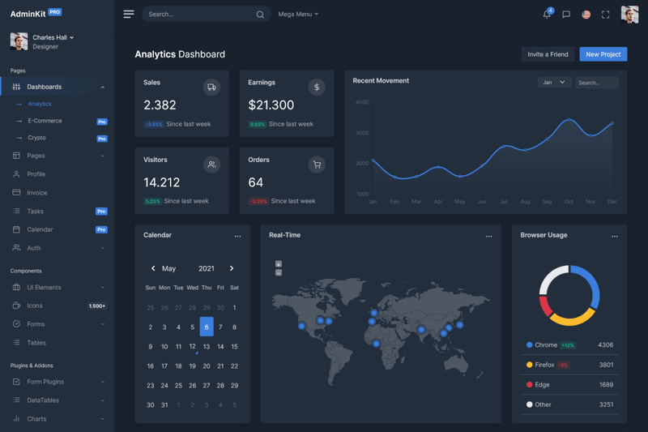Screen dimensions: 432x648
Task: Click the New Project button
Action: tap(603, 54)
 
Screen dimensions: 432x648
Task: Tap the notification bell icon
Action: tap(547, 15)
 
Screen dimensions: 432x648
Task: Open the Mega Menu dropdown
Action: tap(298, 15)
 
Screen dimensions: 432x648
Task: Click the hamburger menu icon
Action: tap(129, 15)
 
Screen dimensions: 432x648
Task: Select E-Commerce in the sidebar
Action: tap(45, 121)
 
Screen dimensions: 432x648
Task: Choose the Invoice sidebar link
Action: tap(37, 193)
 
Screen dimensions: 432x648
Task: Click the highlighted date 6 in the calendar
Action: tap(207, 327)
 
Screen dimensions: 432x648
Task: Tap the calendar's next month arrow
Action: tap(232, 268)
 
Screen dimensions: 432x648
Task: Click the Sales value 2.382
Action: tap(160, 105)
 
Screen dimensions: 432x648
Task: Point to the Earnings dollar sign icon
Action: tap(317, 88)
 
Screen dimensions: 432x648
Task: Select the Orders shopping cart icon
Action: tap(317, 165)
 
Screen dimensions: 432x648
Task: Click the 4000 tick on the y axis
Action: tap(362, 102)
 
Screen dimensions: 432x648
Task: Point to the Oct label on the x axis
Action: tap(569, 202)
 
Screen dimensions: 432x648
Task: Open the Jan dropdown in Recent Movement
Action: tap(554, 83)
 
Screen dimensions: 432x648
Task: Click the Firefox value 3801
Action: tap(605, 365)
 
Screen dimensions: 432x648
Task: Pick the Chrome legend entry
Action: tap(545, 345)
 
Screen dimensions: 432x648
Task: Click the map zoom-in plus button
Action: tap(279, 264)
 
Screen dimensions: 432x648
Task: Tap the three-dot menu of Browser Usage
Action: tap(615, 237)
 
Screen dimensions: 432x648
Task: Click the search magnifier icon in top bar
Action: tap(260, 15)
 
